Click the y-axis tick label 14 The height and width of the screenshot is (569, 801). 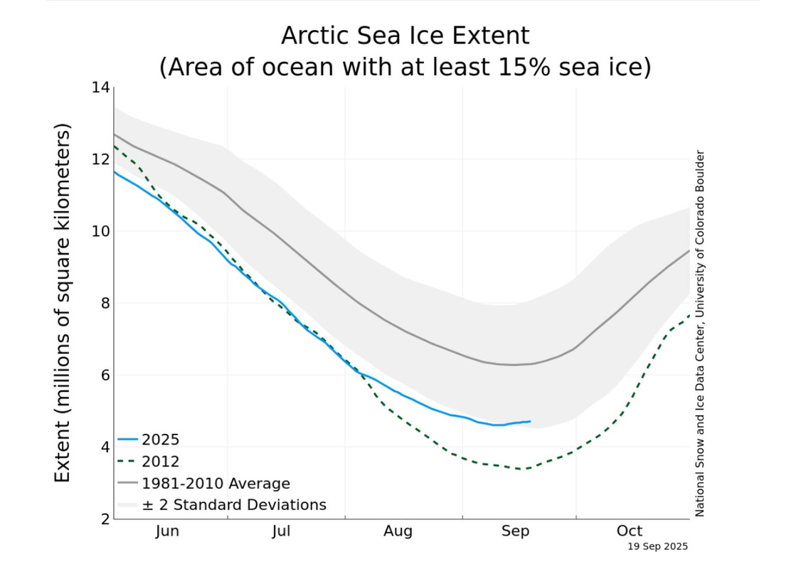[100, 87]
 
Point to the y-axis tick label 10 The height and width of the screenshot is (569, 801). [100, 231]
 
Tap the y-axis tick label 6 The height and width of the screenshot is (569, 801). [105, 375]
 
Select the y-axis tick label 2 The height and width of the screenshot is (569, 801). [105, 519]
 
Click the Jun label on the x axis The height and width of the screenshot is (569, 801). [167, 531]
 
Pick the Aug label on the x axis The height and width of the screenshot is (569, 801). [398, 531]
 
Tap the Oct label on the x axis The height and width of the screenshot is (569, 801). [630, 531]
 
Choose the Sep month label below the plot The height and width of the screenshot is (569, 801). [516, 531]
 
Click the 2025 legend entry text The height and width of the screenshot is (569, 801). [161, 439]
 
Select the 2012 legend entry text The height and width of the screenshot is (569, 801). [161, 462]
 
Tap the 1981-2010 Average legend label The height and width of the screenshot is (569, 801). [216, 484]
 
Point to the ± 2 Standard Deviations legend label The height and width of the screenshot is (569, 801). [234, 505]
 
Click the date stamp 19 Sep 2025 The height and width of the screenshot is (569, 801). [658, 547]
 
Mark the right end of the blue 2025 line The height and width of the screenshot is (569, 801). [530, 421]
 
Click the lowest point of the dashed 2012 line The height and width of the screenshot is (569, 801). [523, 469]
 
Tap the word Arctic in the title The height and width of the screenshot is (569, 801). [324, 36]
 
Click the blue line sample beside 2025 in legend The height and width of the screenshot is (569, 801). [128, 440]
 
